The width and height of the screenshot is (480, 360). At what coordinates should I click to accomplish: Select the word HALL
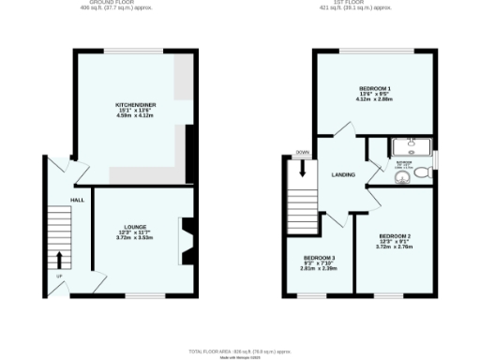pyautogui.click(x=78, y=199)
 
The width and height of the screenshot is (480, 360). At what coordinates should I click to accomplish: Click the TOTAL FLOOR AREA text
pyautogui.click(x=240, y=351)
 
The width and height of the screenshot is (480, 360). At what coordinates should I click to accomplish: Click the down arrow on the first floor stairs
pyautogui.click(x=302, y=169)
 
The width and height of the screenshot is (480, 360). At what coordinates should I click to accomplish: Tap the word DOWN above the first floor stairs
pyautogui.click(x=302, y=152)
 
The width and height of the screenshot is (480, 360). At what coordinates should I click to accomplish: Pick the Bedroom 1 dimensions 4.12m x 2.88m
pyautogui.click(x=375, y=98)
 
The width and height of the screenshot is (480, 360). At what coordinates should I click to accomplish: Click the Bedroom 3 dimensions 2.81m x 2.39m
pyautogui.click(x=318, y=268)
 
